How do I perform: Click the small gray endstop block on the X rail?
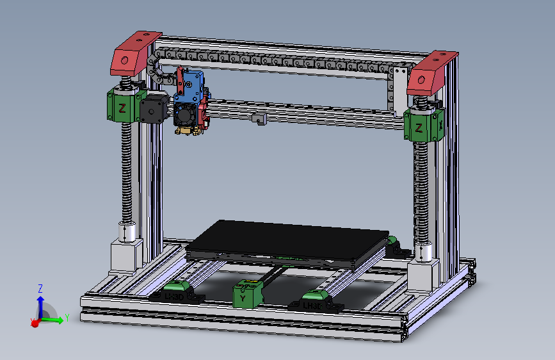[x=259, y=119]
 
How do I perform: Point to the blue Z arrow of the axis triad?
[x=40, y=301]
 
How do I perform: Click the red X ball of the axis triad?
[x=35, y=323]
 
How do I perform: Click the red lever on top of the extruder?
[x=182, y=78]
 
